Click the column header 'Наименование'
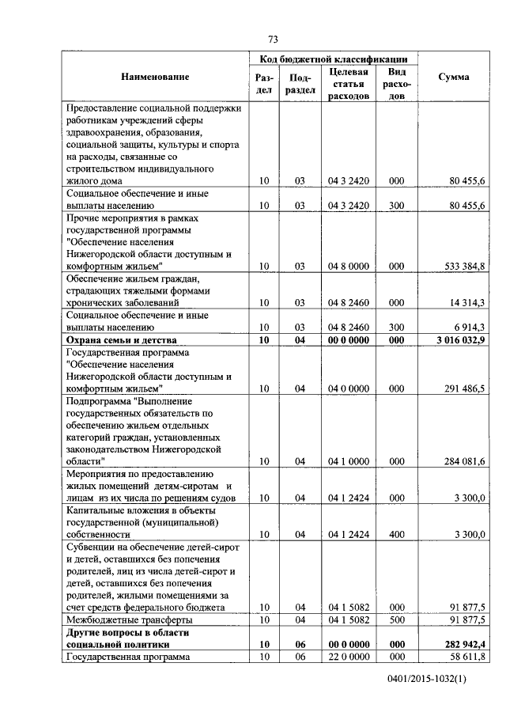155,77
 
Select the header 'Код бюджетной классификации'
333,59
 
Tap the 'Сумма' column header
453,77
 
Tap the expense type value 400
397,535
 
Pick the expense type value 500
397,619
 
